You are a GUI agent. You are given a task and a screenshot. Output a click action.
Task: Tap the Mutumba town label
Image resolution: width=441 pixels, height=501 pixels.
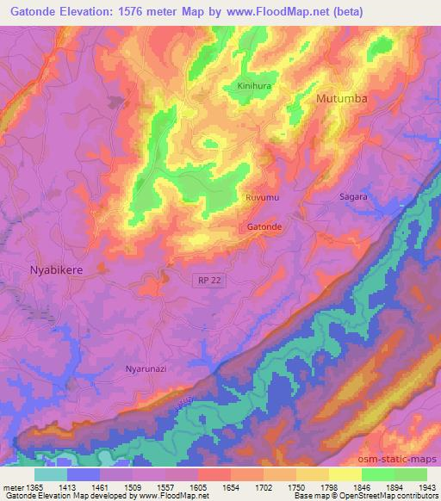point(342,99)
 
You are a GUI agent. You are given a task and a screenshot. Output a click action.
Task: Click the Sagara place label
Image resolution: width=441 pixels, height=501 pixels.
point(352,196)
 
